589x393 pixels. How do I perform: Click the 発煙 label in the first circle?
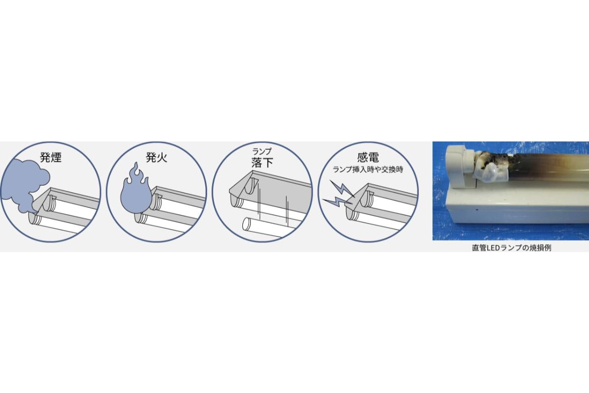tap(51, 157)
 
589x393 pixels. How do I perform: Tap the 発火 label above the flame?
tap(157, 157)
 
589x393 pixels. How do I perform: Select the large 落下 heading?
tap(262, 163)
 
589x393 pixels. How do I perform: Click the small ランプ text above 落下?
tap(262, 151)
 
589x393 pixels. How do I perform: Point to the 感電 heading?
tap(368, 157)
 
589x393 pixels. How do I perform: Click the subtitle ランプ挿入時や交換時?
tap(368, 169)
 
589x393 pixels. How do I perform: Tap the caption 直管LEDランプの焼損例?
tap(511, 248)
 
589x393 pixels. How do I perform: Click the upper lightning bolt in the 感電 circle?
tap(342, 188)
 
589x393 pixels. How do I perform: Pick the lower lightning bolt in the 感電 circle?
tap(337, 202)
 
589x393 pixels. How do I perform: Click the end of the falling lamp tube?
tap(246, 224)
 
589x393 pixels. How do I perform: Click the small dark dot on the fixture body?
tap(477, 210)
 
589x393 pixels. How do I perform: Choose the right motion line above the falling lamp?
tap(287, 212)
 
